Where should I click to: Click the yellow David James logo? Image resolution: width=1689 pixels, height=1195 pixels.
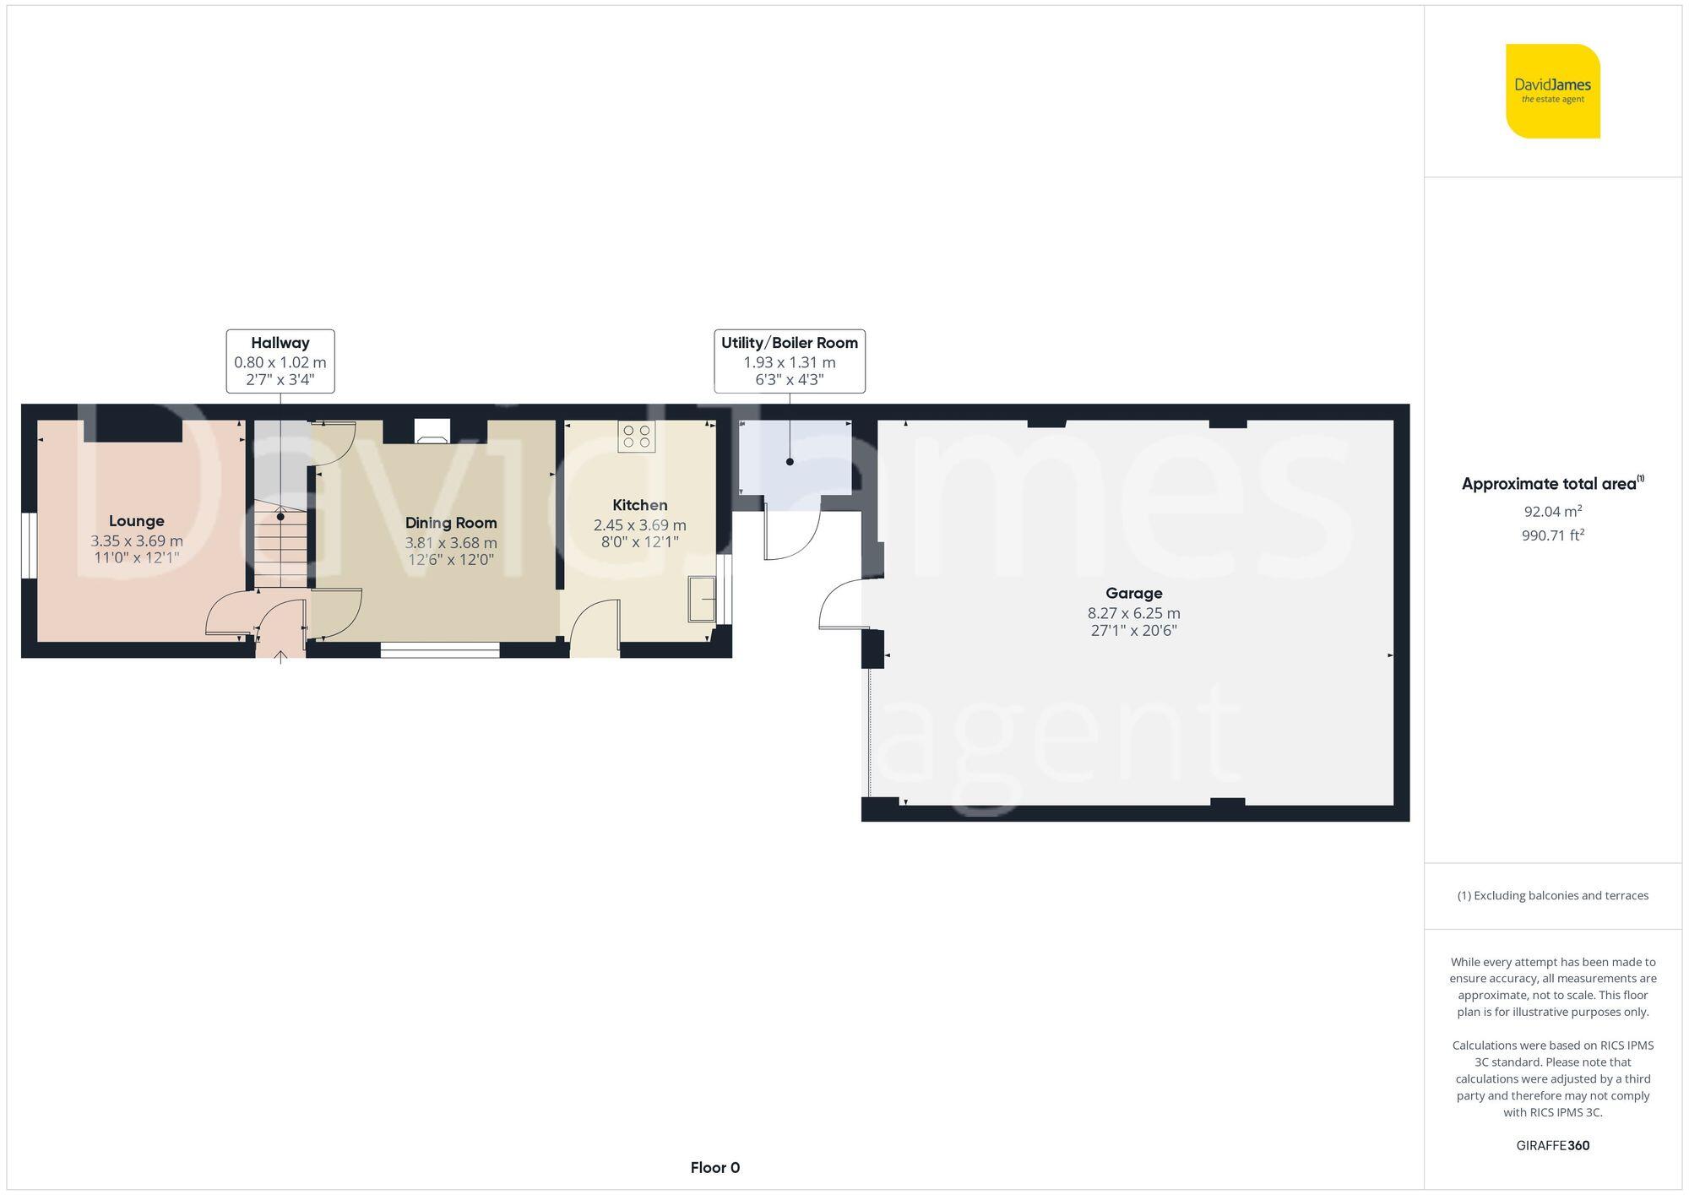click(x=1552, y=91)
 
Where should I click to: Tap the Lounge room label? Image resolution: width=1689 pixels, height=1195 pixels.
click(x=136, y=521)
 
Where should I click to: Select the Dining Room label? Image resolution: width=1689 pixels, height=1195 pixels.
click(x=451, y=523)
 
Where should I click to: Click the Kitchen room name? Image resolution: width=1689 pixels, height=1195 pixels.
click(x=639, y=505)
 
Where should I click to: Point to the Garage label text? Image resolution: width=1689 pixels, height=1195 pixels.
click(x=1133, y=593)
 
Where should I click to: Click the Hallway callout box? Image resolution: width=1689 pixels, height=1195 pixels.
click(x=280, y=361)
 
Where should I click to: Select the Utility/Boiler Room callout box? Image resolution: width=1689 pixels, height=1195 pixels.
click(x=789, y=361)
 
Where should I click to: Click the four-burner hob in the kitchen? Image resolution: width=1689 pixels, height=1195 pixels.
click(x=636, y=437)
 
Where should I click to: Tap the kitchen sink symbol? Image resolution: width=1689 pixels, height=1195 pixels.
click(x=702, y=599)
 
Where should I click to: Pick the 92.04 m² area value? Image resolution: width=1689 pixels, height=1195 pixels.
click(x=1552, y=512)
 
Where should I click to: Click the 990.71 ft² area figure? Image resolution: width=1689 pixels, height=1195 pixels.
click(x=1552, y=535)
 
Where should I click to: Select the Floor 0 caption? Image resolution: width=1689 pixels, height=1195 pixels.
click(x=714, y=1168)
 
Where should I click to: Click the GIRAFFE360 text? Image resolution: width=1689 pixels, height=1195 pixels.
click(x=1552, y=1146)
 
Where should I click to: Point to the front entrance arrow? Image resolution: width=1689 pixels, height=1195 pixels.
click(x=280, y=656)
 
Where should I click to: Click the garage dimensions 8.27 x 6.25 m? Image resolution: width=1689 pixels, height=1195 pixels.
click(x=1133, y=613)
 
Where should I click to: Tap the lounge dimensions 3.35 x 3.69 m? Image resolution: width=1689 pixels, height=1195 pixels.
click(x=136, y=540)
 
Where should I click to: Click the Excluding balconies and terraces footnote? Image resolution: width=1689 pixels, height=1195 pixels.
click(x=1552, y=895)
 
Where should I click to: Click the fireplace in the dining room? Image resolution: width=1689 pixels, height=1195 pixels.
click(x=432, y=432)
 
